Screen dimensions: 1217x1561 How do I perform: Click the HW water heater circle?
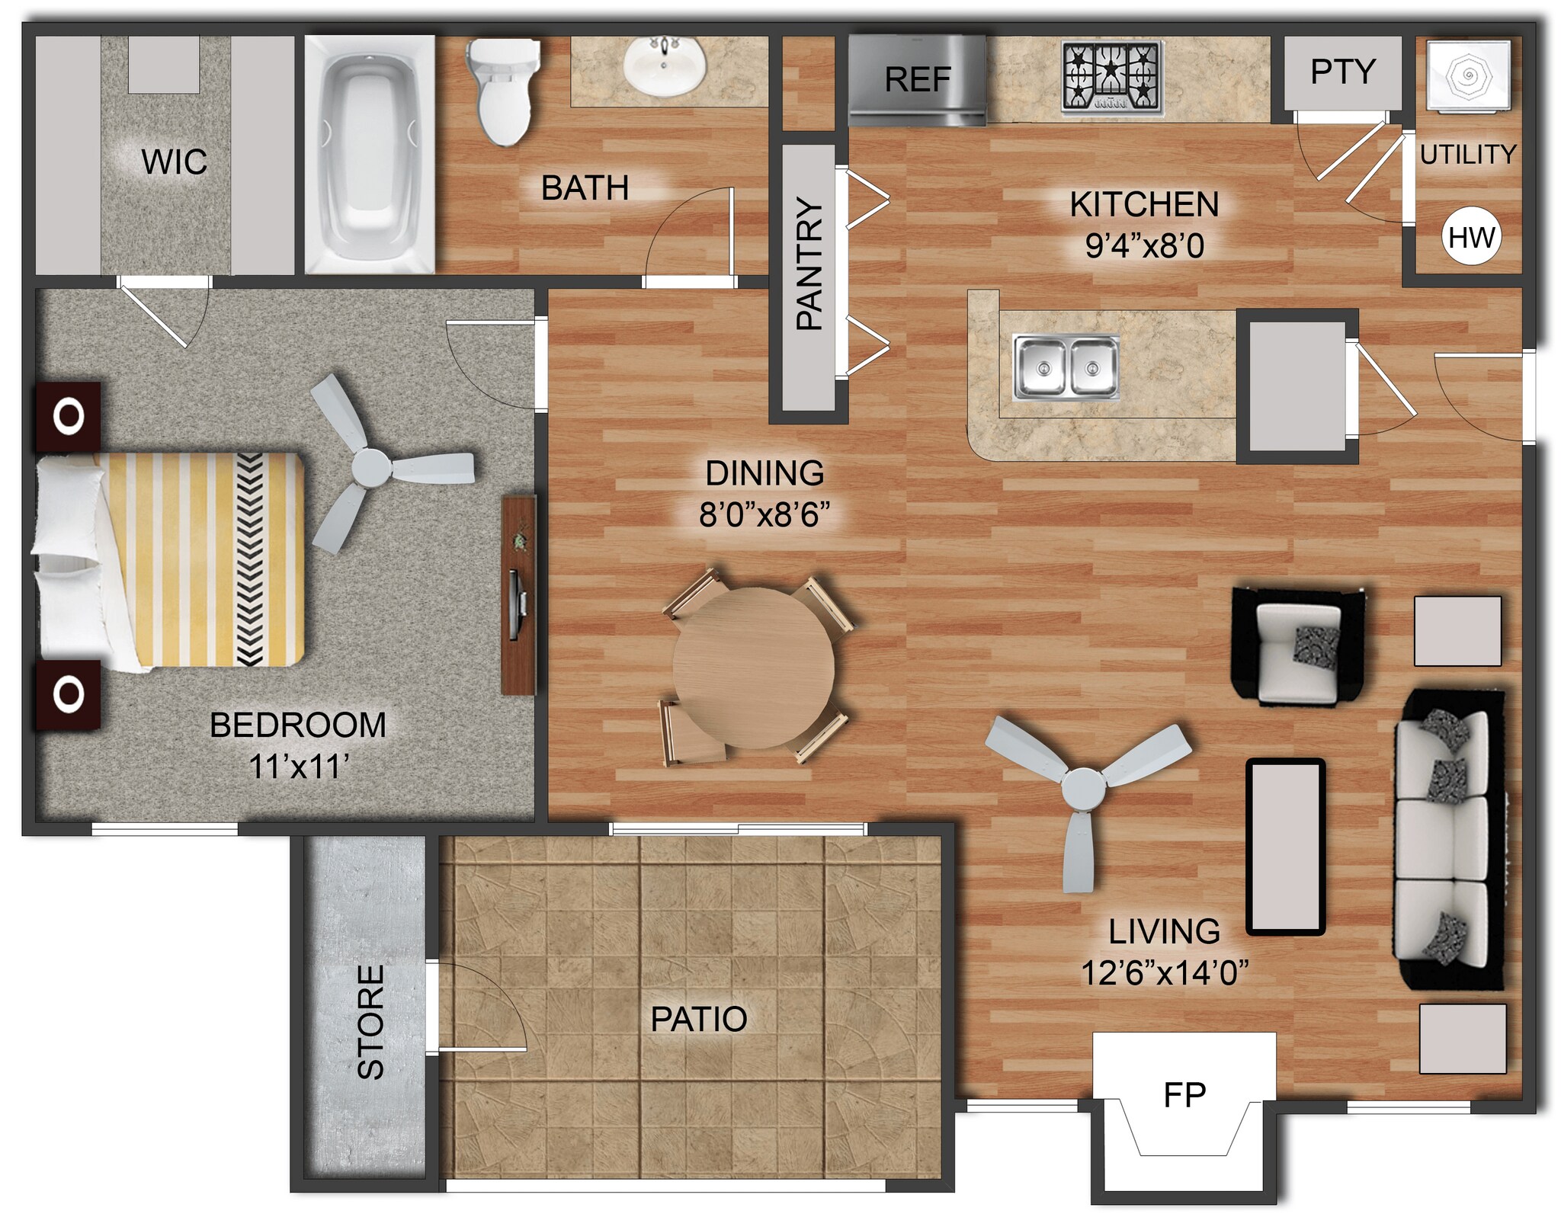1470,237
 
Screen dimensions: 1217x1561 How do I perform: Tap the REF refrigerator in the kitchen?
917,79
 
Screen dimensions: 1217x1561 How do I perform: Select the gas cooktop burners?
1112,76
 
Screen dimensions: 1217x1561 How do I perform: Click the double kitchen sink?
1066,367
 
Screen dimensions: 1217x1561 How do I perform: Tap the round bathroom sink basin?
664,67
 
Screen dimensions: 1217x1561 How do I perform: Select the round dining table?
753,667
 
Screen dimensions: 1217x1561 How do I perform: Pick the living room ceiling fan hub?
1083,789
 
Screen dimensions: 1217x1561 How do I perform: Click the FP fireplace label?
1184,1095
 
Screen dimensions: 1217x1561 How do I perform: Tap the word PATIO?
698,1019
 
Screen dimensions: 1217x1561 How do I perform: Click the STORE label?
371,1022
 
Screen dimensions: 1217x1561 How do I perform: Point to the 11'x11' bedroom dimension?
299,767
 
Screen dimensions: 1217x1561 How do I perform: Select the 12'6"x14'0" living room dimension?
1165,972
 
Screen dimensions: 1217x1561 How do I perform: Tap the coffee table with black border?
1285,847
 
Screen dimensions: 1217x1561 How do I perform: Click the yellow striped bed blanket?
202,560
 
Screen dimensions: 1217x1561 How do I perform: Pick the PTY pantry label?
1342,72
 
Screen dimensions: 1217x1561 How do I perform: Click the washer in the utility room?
1468,75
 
